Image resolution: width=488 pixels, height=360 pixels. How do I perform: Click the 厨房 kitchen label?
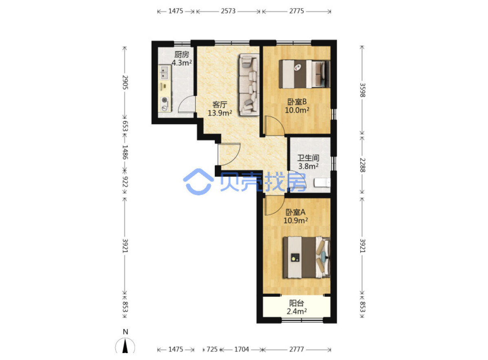[x=182, y=55]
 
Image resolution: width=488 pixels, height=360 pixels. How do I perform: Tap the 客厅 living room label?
[x=220, y=104]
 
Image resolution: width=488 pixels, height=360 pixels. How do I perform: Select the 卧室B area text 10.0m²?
[x=297, y=110]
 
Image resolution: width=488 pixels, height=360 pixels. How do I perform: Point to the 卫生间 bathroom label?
[x=308, y=158]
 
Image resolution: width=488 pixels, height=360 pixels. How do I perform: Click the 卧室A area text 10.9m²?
[x=296, y=220]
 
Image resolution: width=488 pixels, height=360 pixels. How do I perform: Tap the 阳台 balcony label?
[x=297, y=303]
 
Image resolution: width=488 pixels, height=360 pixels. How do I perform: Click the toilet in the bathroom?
[x=322, y=183]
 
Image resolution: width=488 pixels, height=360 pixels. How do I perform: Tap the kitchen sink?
[x=164, y=72]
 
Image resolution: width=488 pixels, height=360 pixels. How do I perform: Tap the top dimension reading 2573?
[x=228, y=11]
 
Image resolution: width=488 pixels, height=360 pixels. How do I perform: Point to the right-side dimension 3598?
[x=362, y=90]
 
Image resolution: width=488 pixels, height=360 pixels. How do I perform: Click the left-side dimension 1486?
[x=125, y=152]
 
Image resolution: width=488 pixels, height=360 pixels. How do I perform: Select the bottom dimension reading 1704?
[x=241, y=349]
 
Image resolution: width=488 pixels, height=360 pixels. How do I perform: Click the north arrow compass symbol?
[x=125, y=345]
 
